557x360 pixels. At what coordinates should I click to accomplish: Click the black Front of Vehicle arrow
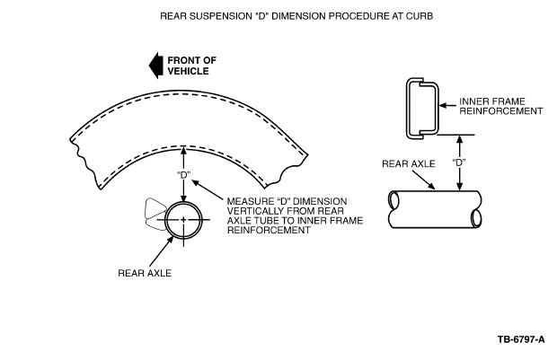(x=155, y=66)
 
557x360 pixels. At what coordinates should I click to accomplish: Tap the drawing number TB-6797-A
(x=521, y=339)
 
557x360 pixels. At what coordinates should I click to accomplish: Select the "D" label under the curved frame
(x=183, y=175)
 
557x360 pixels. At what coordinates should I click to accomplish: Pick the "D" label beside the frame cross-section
(x=459, y=162)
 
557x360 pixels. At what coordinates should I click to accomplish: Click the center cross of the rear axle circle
(x=183, y=220)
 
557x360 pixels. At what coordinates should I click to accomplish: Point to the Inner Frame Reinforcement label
(x=501, y=106)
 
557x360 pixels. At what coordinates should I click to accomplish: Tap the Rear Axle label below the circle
(x=145, y=273)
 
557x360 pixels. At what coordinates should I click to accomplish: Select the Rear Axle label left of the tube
(x=409, y=163)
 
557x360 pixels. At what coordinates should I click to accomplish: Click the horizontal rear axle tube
(x=435, y=209)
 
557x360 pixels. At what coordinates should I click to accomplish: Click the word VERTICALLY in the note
(x=252, y=211)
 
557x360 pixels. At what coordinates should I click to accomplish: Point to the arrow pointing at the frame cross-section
(x=447, y=106)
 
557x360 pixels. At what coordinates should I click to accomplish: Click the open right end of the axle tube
(x=477, y=217)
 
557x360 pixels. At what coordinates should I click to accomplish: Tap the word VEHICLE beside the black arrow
(x=188, y=71)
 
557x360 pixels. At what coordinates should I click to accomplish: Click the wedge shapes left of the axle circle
(x=155, y=215)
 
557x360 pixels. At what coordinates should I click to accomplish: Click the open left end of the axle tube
(x=393, y=200)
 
